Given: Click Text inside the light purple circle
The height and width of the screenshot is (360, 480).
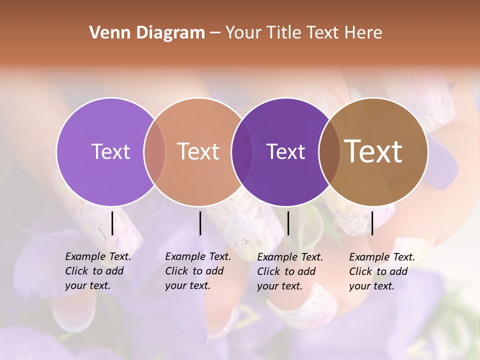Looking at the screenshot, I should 110,151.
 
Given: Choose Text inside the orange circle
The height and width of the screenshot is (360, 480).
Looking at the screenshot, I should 198,151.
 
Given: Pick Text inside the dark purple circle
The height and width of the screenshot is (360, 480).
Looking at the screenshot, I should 285,151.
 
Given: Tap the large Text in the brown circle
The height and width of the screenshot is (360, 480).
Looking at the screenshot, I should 373,151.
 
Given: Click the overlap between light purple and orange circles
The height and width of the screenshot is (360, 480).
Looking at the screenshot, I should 154,151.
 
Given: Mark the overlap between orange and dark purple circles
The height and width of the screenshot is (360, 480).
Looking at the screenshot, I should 242,151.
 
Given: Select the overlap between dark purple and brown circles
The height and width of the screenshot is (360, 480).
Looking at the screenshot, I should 329,151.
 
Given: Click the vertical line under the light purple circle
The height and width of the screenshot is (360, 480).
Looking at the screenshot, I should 112,223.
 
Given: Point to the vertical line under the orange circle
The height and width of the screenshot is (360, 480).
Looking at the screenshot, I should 200,223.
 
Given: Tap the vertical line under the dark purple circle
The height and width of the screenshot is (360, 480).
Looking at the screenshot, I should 288,223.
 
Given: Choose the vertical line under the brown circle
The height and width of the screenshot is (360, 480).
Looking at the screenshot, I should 372,223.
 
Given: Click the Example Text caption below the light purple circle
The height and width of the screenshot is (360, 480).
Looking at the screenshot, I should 98,271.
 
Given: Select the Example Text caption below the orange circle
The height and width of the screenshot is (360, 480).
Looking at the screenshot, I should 198,271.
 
